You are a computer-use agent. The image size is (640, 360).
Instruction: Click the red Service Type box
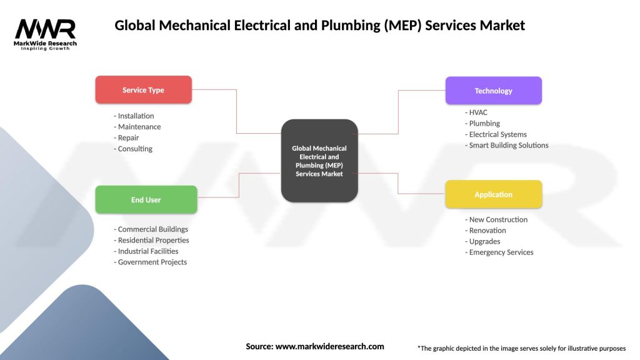pyautogui.click(x=143, y=90)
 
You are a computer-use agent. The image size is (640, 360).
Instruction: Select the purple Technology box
pyautogui.click(x=493, y=91)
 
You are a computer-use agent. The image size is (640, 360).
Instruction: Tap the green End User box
pyautogui.click(x=146, y=200)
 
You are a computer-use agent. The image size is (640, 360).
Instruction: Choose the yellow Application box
pyautogui.click(x=493, y=194)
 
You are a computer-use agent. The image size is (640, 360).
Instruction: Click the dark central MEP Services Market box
pyautogui.click(x=319, y=161)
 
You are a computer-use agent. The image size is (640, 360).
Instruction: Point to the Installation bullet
pyautogui.click(x=134, y=116)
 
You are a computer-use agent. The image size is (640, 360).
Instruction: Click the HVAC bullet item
pyautogui.click(x=477, y=112)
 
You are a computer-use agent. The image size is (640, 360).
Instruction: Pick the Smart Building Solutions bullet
pyautogui.click(x=507, y=145)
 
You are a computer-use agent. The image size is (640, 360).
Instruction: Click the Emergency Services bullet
pyautogui.click(x=499, y=252)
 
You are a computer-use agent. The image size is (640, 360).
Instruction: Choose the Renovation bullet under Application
pyautogui.click(x=486, y=231)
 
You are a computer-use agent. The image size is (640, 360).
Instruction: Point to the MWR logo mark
pyautogui.click(x=45, y=29)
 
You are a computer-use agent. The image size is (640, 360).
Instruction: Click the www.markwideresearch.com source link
pyautogui.click(x=329, y=346)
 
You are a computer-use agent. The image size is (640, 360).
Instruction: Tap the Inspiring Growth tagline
pyautogui.click(x=45, y=48)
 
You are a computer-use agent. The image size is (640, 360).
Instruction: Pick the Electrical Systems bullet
pyautogui.click(x=496, y=134)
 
